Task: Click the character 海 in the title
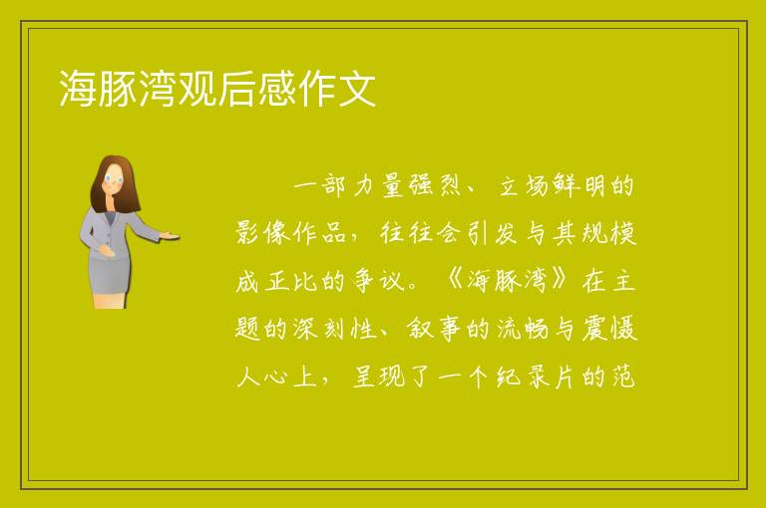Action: point(78,89)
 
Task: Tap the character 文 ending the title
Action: point(357,89)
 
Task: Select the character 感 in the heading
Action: point(277,89)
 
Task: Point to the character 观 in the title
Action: point(197,89)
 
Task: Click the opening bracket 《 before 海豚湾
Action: point(455,280)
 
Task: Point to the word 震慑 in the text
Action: point(609,329)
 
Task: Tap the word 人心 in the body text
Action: point(262,377)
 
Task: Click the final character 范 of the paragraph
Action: point(623,377)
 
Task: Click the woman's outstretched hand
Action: point(169,236)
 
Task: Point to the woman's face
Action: point(115,179)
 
